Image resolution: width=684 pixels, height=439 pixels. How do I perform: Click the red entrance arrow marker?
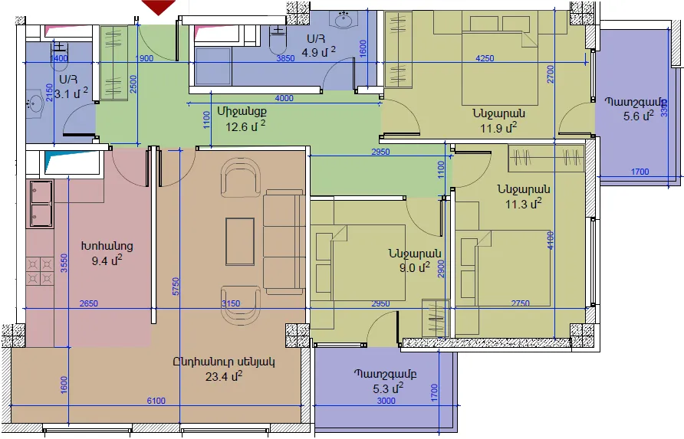[x=159, y=7]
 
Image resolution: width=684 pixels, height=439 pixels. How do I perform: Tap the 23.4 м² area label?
[x=224, y=375]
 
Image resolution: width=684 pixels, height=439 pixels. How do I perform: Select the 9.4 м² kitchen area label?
[x=107, y=260]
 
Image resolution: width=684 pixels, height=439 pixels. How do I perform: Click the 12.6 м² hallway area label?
[x=245, y=126]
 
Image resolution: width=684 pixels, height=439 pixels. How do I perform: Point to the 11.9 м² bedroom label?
[x=498, y=128]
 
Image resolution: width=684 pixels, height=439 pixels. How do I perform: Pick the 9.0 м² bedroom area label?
[x=414, y=267]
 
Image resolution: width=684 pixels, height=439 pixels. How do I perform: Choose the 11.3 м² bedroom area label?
[x=523, y=203]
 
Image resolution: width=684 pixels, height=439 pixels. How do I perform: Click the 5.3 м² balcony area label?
[x=388, y=388]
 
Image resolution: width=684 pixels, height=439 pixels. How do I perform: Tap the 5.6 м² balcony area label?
[x=639, y=116]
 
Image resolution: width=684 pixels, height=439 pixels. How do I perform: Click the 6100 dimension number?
[x=156, y=401]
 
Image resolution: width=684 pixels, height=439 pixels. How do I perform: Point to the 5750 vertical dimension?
[x=176, y=287]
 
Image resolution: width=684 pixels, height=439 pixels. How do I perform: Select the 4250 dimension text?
[x=485, y=58]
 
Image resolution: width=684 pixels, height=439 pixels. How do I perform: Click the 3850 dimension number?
[x=285, y=58]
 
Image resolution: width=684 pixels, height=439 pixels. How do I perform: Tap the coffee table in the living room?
[x=240, y=241]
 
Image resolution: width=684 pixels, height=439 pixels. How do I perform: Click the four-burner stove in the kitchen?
[x=40, y=271]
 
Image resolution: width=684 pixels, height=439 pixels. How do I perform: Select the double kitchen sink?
[x=41, y=204]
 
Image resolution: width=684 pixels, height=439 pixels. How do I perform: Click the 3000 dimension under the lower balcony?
[x=386, y=401]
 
